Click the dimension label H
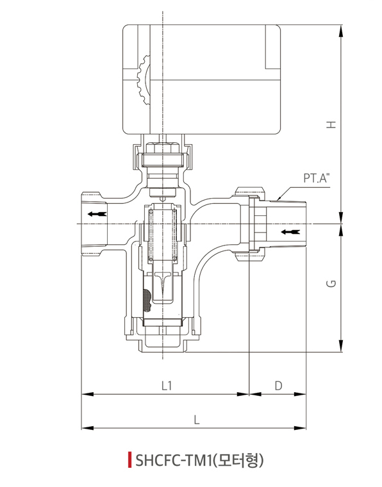click(332, 124)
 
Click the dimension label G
click(332, 284)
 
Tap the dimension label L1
click(167, 386)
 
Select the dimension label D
click(278, 386)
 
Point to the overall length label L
click(196, 420)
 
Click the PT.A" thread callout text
click(317, 179)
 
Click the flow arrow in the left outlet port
click(97, 214)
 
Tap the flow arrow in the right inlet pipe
click(290, 232)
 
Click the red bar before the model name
click(129, 460)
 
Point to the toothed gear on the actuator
click(144, 81)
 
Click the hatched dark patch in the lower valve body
click(147, 301)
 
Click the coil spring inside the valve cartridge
click(162, 235)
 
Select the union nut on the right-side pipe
click(250, 224)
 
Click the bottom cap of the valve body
click(162, 345)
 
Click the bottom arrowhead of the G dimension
click(341, 346)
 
